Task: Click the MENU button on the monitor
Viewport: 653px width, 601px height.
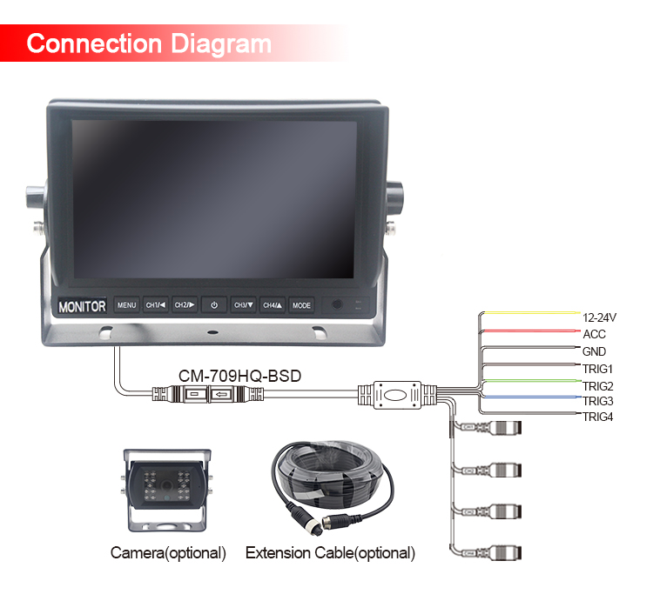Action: (x=126, y=305)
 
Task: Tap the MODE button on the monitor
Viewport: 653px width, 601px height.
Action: (x=301, y=305)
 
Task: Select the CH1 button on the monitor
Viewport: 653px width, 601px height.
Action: (x=156, y=305)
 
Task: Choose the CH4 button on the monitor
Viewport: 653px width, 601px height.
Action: (x=273, y=305)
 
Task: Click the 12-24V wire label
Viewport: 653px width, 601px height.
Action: (x=599, y=317)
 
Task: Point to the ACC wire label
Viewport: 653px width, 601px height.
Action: (x=594, y=334)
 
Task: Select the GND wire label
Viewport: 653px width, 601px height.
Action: (x=594, y=351)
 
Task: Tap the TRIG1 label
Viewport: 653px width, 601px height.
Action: (x=597, y=369)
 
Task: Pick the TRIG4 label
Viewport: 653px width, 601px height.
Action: (x=597, y=417)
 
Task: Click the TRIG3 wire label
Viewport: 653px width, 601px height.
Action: (x=597, y=401)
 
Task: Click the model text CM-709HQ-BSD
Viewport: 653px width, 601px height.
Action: (x=240, y=376)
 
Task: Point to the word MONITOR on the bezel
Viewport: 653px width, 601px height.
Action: (x=82, y=306)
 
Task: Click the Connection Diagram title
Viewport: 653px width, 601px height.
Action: (x=149, y=43)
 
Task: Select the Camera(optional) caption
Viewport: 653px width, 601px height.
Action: (x=168, y=553)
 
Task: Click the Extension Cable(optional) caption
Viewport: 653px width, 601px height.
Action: (x=330, y=553)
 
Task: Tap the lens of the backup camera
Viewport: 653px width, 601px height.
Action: (x=167, y=485)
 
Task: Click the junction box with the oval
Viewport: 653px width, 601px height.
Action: (x=397, y=395)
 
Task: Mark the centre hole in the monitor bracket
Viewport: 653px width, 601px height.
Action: (x=212, y=332)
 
